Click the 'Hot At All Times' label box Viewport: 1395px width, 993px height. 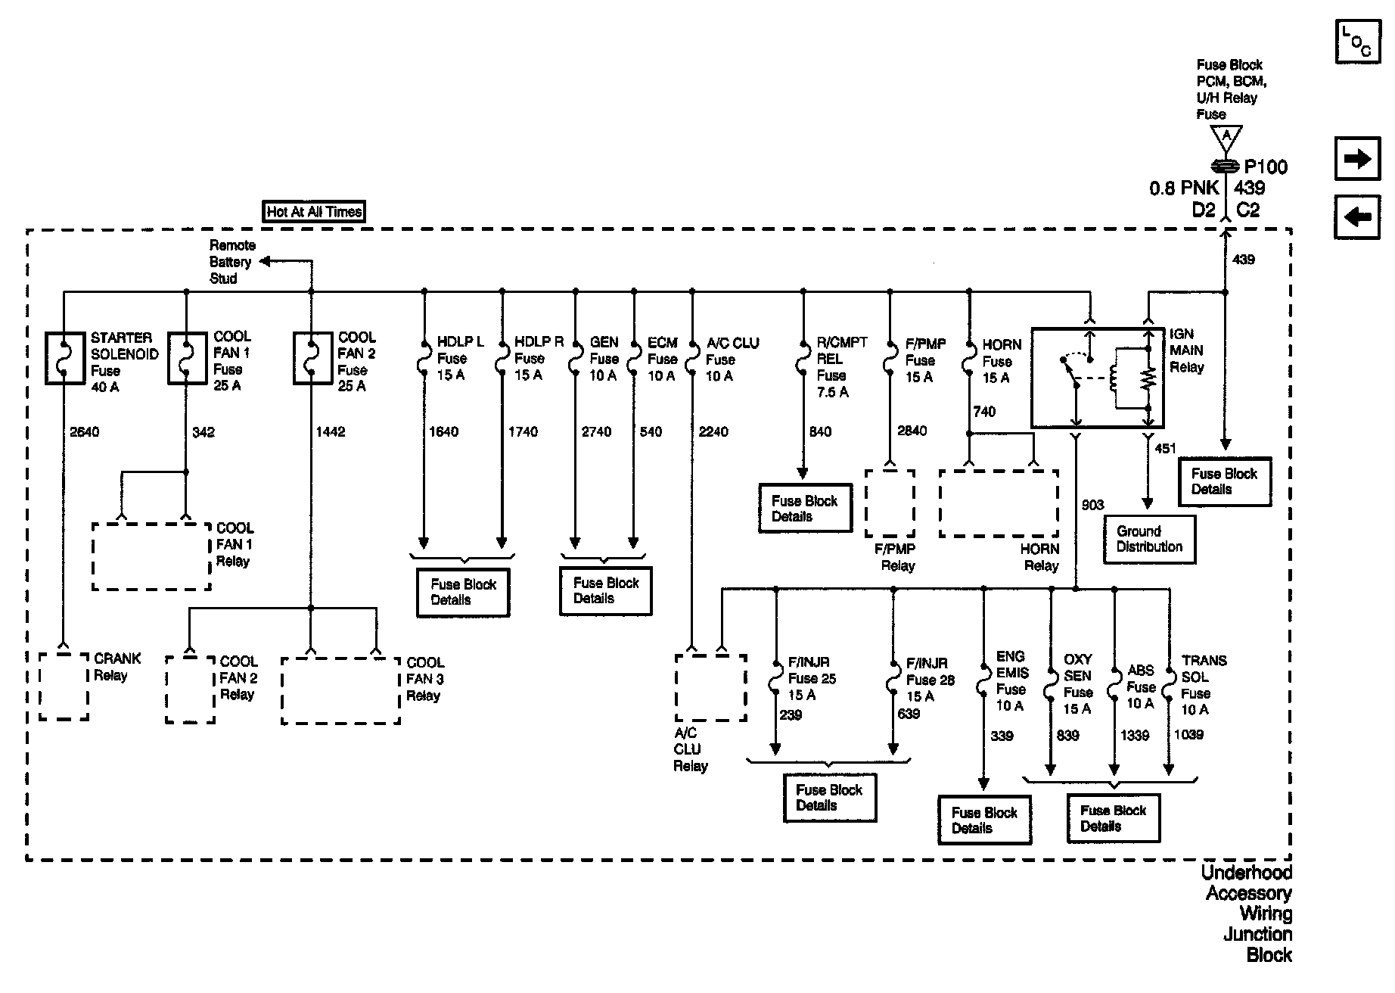click(314, 212)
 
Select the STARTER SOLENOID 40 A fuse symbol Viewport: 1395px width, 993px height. click(64, 357)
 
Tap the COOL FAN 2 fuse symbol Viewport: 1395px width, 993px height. click(312, 357)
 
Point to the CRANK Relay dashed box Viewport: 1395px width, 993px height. click(64, 686)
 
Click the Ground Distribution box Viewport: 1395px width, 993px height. click(1149, 539)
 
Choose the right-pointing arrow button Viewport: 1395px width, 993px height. click(1357, 159)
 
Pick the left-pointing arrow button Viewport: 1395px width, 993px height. click(1357, 218)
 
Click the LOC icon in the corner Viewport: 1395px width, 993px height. click(1357, 41)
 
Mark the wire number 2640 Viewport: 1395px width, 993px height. click(84, 432)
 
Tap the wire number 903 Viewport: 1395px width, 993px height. click(1092, 505)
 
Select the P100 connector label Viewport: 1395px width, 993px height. click(1265, 167)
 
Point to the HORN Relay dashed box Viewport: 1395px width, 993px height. click(999, 503)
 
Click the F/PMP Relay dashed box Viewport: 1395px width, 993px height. click(890, 503)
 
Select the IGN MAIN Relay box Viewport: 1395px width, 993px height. click(1098, 378)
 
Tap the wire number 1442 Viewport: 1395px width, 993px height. click(330, 432)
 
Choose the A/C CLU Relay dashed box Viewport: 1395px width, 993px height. click(710, 687)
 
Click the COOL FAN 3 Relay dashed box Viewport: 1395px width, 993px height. click(340, 690)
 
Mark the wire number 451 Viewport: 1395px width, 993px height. click(1165, 449)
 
